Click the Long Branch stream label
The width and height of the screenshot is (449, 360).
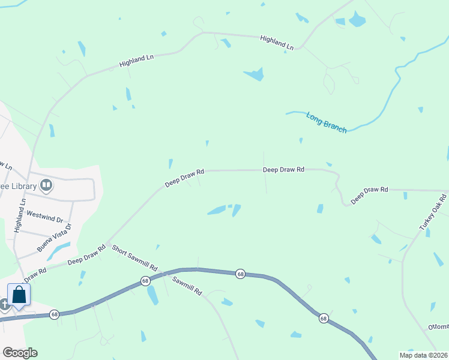pos(327,122)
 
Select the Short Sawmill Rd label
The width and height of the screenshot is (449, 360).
pos(134,258)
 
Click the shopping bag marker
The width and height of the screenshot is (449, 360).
pos(19,295)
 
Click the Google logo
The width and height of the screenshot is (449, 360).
pos(20,353)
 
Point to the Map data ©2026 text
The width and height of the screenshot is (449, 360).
pos(423,355)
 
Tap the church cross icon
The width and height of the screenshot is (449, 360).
pos(5,304)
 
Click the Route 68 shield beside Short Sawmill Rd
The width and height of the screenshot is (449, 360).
pos(145,281)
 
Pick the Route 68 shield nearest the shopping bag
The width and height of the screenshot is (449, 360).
pos(54,314)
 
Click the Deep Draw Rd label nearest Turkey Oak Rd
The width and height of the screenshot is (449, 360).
pos(370,194)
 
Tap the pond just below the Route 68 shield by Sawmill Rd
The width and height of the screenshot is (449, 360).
pos(152,295)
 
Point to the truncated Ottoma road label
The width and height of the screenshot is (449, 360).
pos(438,327)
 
